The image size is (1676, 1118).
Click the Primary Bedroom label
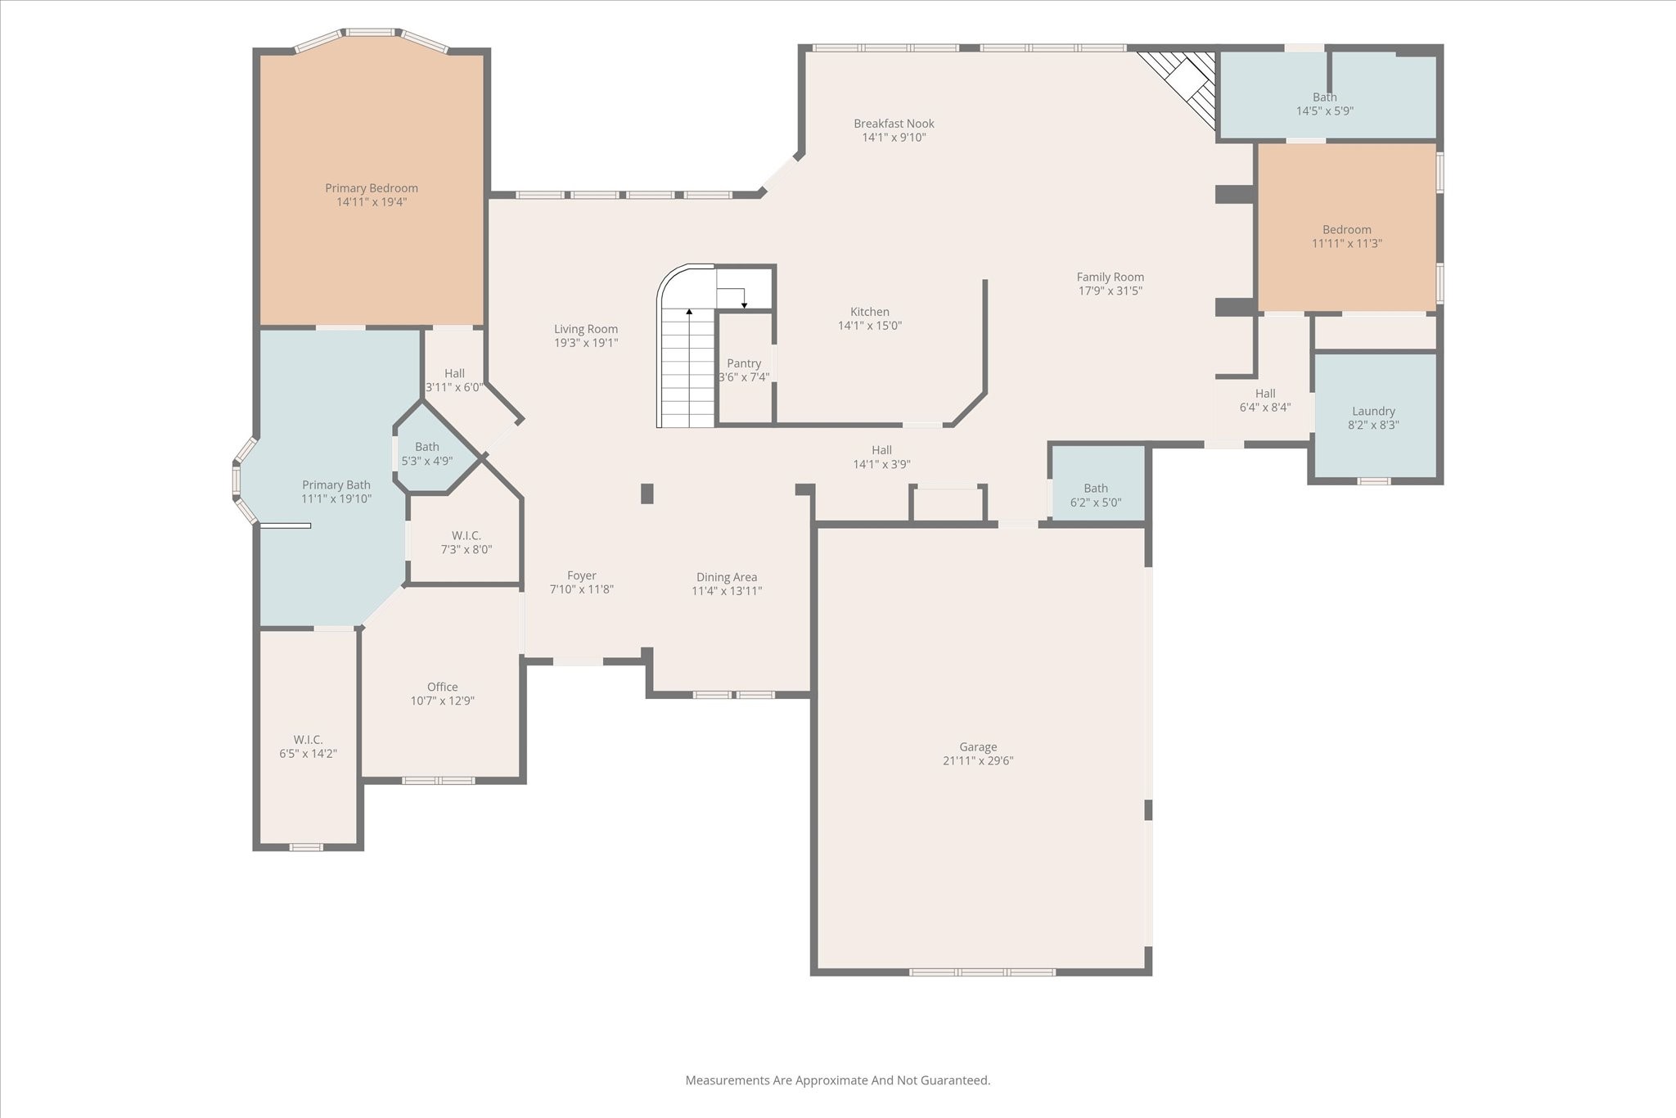coord(372,188)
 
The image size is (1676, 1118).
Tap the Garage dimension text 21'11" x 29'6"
coord(978,760)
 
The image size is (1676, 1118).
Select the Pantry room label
coord(744,363)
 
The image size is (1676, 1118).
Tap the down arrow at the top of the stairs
coord(744,304)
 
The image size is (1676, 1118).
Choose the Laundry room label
coord(1373,412)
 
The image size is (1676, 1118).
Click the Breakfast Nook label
coord(894,124)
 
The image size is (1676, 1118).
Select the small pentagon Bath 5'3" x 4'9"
coord(426,453)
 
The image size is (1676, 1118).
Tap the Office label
coord(442,687)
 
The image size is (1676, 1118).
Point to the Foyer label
coord(582,576)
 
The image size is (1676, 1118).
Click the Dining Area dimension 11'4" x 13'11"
coord(727,591)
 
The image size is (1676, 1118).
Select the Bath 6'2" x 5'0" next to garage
coord(1096,495)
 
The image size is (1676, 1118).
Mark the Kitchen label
coord(869,312)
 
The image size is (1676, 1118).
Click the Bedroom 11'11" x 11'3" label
coord(1346,230)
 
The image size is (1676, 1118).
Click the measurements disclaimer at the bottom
coord(837,1080)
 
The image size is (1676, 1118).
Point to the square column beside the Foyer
coord(647,494)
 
